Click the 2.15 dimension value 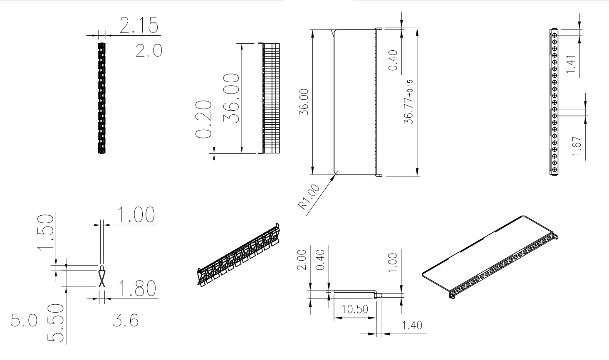click(139, 25)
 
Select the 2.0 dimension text click(149, 51)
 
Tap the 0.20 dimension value click(204, 119)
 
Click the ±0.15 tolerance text click(410, 88)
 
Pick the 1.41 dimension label click(571, 64)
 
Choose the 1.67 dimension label click(577, 146)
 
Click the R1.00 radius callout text click(309, 197)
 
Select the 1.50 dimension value click(45, 232)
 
